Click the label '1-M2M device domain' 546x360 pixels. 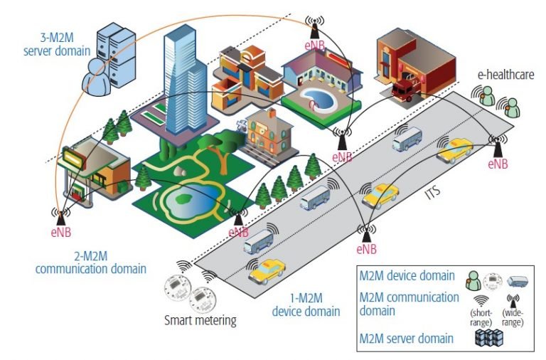pos(306,304)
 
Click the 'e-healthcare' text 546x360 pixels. pos(505,74)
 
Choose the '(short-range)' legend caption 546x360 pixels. pos(481,317)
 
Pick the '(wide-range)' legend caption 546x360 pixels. pos(513,317)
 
